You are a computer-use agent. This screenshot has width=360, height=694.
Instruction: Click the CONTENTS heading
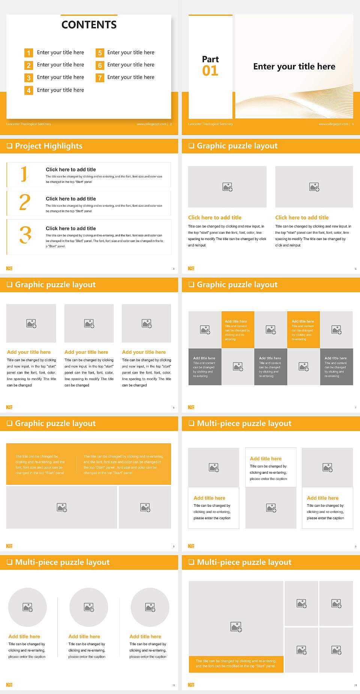[89, 25]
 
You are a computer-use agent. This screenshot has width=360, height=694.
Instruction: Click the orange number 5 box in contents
[100, 53]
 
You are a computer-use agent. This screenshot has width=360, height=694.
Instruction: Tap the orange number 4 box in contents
[28, 90]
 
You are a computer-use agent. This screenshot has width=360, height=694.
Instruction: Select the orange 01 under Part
[210, 71]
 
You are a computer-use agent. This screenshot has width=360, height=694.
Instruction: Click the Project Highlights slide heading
[48, 146]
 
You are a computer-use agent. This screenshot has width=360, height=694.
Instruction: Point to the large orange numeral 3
[25, 235]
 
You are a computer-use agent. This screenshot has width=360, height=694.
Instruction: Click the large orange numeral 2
[25, 203]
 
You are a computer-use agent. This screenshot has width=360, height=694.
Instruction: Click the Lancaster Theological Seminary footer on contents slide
[28, 124]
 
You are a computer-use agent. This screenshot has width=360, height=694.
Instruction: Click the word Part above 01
[210, 59]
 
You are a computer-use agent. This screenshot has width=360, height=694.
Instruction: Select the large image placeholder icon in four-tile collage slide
[236, 626]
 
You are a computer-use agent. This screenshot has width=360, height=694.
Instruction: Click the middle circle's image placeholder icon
[89, 607]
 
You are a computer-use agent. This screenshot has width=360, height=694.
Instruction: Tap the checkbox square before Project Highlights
[9, 146]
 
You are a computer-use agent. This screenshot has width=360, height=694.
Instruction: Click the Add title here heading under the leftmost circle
[24, 637]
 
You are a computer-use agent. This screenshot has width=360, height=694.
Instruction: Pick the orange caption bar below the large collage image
[236, 664]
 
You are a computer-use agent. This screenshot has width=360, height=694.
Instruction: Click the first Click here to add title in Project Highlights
[70, 170]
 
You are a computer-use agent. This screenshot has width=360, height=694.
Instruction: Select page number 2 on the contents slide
[171, 124]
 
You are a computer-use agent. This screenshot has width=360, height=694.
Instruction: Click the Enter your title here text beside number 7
[130, 77]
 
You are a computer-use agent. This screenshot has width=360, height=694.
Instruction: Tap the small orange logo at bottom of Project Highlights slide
[9, 268]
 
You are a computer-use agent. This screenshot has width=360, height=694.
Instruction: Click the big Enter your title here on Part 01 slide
[294, 67]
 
